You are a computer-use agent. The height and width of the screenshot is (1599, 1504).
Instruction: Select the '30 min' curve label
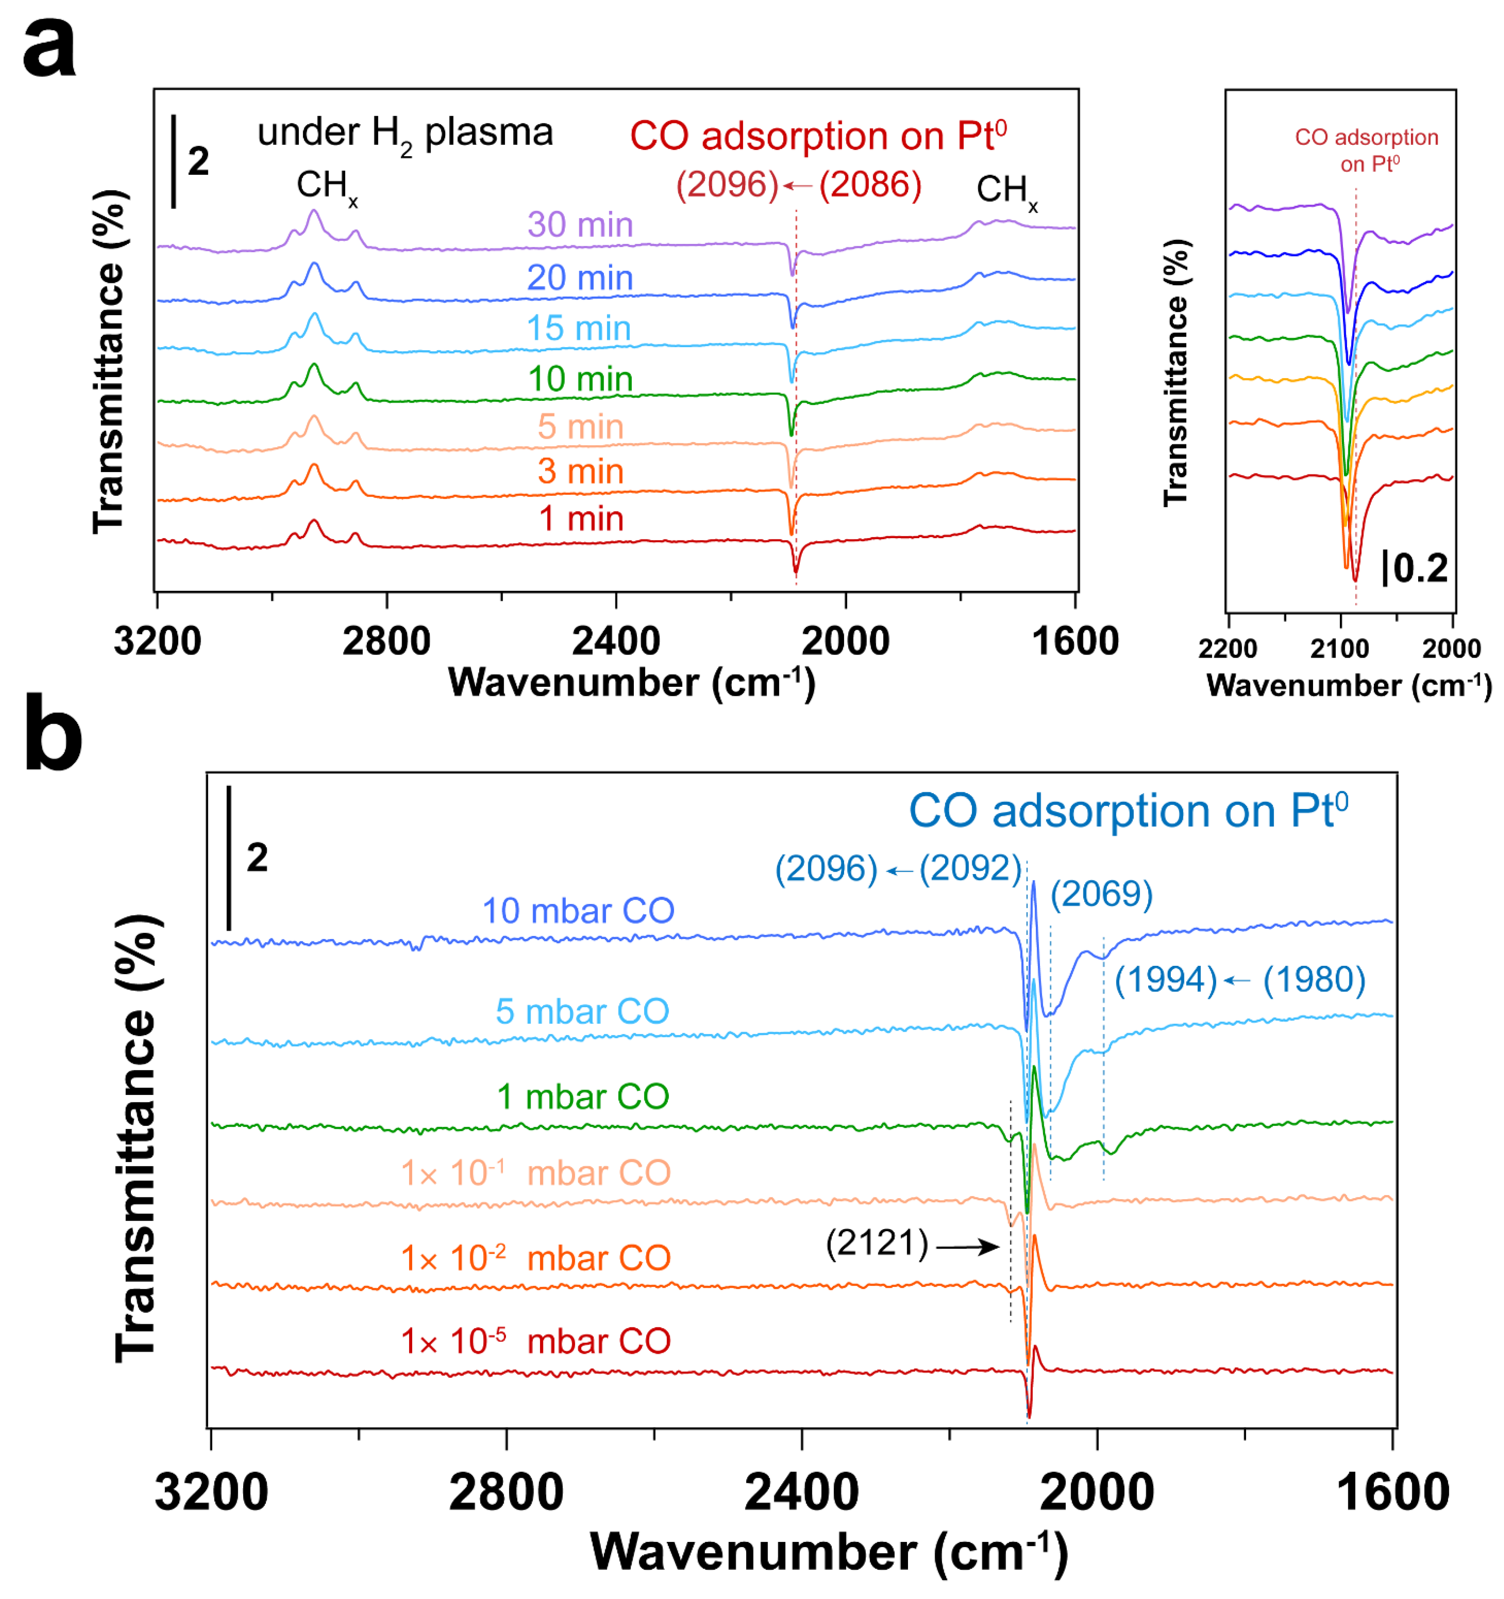point(580,224)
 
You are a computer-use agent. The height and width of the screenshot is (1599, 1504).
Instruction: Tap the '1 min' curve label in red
point(581,519)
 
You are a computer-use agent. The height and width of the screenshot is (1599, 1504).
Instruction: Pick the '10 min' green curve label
point(580,379)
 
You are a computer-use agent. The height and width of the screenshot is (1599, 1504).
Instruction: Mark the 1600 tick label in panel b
point(1391,1492)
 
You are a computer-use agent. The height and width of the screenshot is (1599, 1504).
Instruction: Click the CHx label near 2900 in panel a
point(326,186)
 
